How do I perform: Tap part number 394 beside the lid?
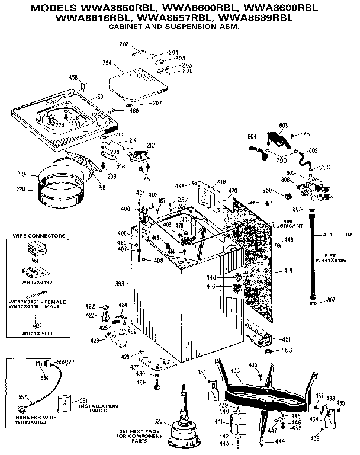[108, 63]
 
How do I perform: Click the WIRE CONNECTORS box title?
[39, 236]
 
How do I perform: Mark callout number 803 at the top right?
[283, 125]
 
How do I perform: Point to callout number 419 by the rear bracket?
[220, 181]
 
